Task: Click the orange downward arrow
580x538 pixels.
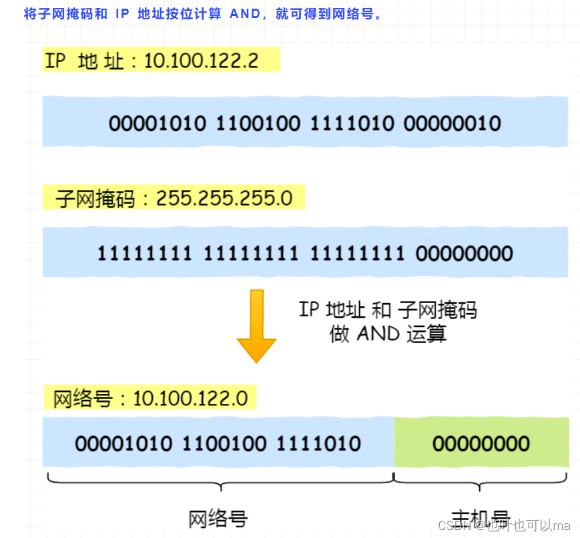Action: pyautogui.click(x=256, y=325)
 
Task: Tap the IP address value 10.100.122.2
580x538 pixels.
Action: pyautogui.click(x=201, y=61)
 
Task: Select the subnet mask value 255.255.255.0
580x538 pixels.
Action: pyautogui.click(x=224, y=198)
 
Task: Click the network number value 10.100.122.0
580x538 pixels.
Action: pyautogui.click(x=190, y=399)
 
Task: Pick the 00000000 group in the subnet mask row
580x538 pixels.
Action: pyautogui.click(x=464, y=253)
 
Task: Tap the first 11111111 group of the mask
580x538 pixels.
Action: pyautogui.click(x=145, y=253)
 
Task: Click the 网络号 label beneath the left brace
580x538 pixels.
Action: pyautogui.click(x=218, y=518)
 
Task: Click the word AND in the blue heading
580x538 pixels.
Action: pyautogui.click(x=245, y=14)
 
